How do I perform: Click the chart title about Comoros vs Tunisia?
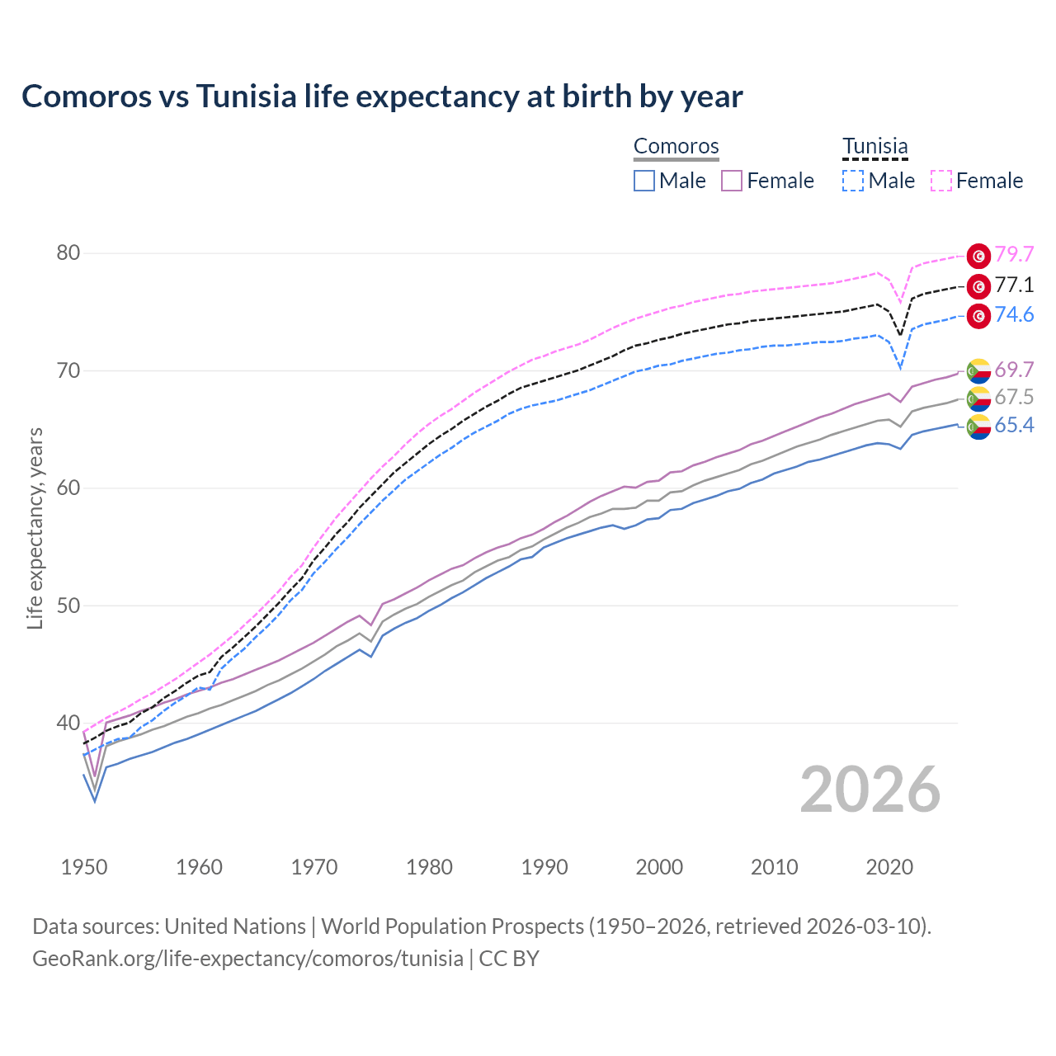click(382, 97)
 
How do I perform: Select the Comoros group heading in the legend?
click(676, 147)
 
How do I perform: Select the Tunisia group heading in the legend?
click(874, 147)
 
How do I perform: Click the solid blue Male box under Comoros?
click(644, 181)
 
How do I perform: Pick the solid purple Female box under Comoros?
click(732, 181)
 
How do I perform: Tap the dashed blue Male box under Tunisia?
click(853, 181)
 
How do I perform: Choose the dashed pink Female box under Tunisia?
click(941, 181)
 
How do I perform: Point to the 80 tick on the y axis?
click(68, 252)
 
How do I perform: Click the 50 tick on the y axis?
click(68, 606)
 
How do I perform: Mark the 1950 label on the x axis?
click(84, 867)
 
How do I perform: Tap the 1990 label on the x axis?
click(544, 867)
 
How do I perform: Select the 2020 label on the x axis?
click(889, 867)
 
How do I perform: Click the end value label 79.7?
click(1014, 255)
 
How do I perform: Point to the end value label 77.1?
click(1014, 285)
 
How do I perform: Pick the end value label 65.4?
click(1014, 426)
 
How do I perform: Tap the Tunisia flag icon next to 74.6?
click(978, 316)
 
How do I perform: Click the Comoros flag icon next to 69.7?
click(978, 370)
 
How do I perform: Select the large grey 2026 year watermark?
click(870, 790)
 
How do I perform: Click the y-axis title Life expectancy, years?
click(35, 528)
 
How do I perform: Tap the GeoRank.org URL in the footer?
click(247, 959)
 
